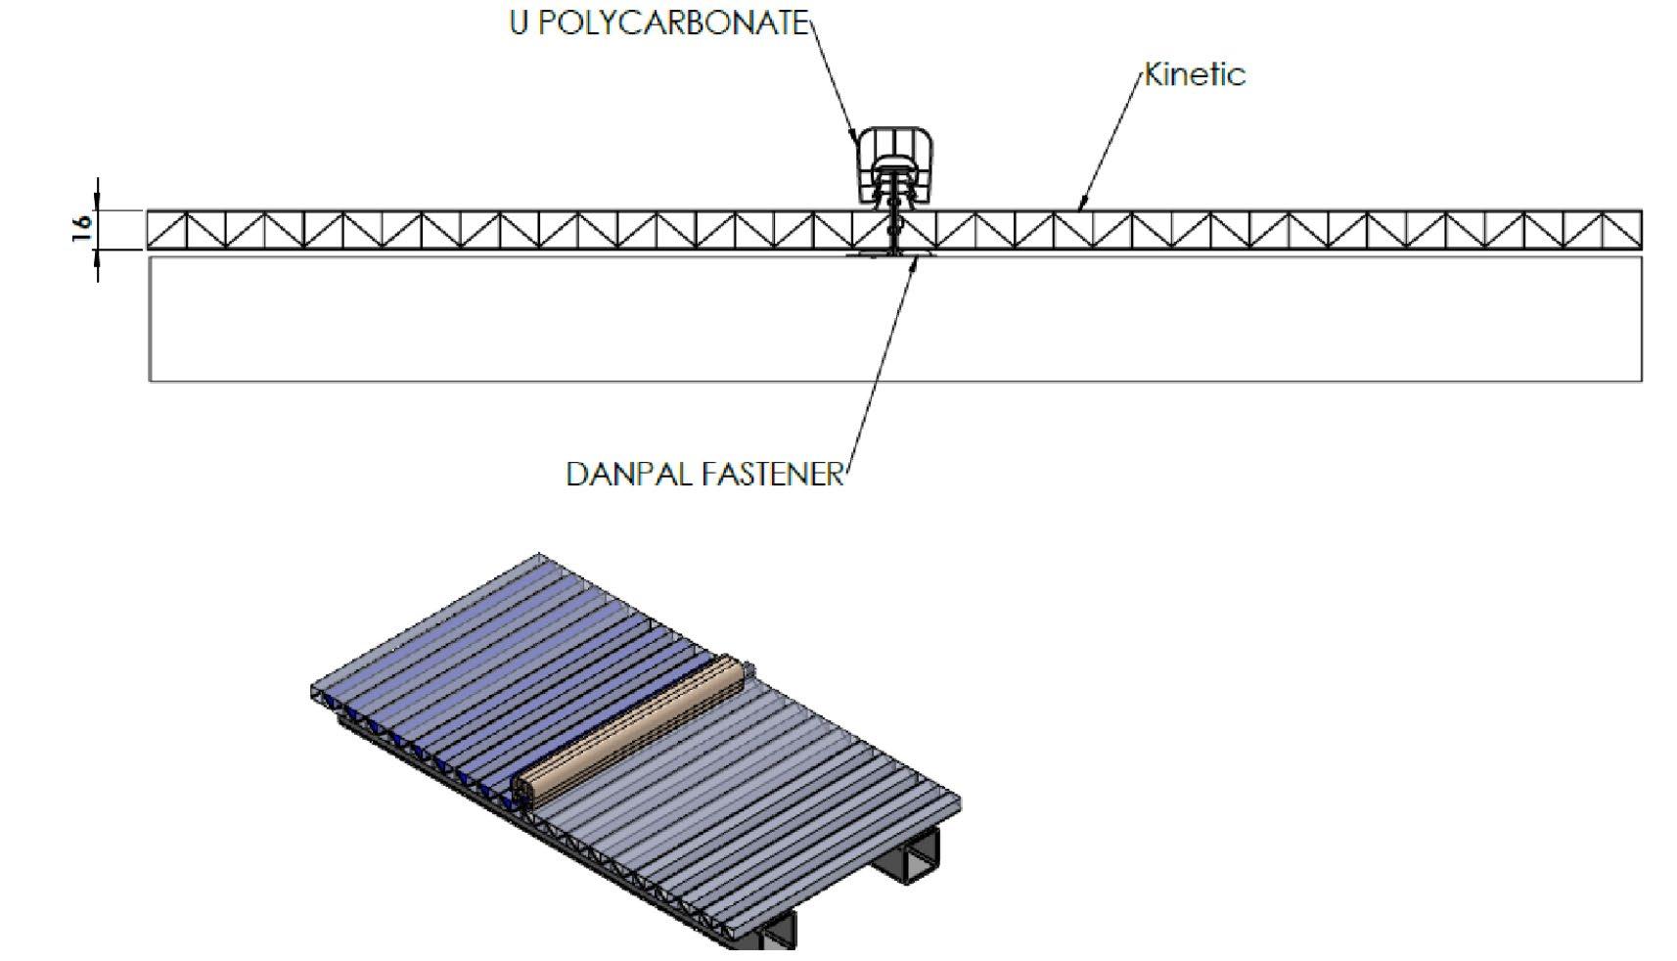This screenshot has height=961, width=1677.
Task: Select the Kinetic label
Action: coord(1195,74)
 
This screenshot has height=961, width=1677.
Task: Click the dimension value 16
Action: coord(82,228)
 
